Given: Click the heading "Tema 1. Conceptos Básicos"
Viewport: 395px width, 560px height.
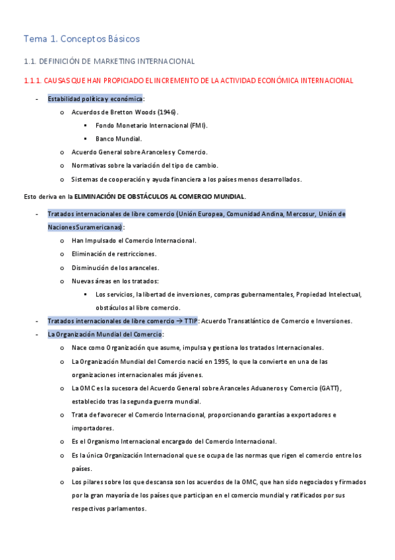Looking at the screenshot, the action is point(81,39).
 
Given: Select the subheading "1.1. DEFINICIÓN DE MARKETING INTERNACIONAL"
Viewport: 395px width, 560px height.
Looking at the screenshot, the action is point(109,61).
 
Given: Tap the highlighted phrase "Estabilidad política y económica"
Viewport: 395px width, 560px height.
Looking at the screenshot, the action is point(95,99).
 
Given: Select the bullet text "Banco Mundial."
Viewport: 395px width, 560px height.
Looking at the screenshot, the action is point(119,139).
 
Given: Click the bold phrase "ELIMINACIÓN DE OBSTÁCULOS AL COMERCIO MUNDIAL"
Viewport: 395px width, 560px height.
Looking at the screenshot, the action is point(159,196).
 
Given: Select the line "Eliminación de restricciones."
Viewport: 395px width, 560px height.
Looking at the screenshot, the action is point(114,254).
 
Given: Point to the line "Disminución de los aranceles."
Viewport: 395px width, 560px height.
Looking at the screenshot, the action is point(115,267).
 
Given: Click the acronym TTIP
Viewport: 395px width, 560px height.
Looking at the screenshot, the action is point(191,321).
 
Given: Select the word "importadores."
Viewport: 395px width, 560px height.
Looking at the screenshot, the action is point(91,428).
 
